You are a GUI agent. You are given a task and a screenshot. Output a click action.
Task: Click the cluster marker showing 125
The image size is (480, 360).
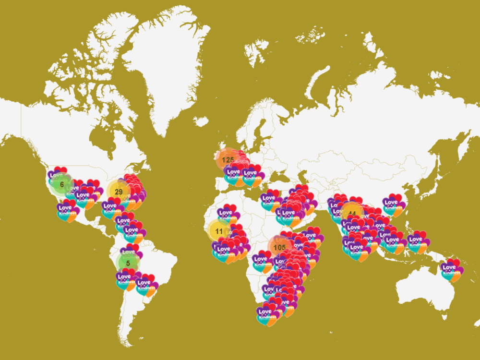pos(228,159)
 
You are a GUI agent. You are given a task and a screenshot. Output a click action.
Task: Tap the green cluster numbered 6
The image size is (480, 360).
pos(61,184)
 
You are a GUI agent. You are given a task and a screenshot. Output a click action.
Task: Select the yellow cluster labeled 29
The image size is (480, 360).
pos(119,192)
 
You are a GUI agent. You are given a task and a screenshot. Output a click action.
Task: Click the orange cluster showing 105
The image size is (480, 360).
pos(279,247)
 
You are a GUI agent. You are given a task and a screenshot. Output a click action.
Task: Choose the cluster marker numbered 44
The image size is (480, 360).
pos(352,214)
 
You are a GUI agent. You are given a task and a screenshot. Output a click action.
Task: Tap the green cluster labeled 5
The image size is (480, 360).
pos(128,263)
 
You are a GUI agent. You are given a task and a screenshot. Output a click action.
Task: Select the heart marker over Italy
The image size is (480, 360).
pos(251,176)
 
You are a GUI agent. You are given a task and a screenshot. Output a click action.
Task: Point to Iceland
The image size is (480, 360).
pos(202,121)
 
